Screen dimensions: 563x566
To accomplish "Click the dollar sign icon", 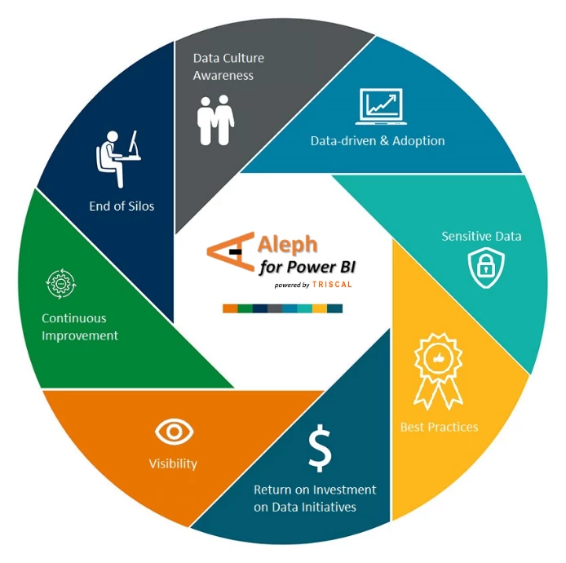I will coord(320,448).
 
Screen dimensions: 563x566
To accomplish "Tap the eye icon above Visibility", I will coord(174,432).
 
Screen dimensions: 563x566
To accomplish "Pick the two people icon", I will coord(215,120).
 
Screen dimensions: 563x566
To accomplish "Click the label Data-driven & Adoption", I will coord(378,140).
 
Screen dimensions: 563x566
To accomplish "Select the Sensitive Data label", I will coord(481,236).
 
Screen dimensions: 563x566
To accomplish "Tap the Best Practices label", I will coord(439,427).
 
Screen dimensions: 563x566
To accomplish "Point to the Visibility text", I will coord(173,463).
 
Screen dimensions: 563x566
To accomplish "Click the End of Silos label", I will coord(122,206).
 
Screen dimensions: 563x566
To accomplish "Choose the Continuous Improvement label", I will coord(80,326).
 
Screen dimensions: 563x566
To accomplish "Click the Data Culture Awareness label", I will coord(228,67).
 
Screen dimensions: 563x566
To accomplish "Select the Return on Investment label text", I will coord(315,498).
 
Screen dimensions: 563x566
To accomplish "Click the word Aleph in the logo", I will coord(287,243).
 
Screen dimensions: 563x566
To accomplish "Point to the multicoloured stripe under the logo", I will coord(282,308).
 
